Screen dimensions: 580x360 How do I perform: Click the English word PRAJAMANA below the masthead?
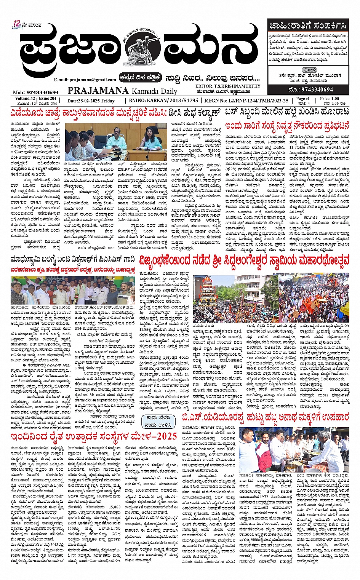[98, 91]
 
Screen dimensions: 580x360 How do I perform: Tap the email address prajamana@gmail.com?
[85, 80]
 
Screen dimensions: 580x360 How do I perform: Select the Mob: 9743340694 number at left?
[36, 92]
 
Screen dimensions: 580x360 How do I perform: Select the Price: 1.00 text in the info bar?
[329, 99]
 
